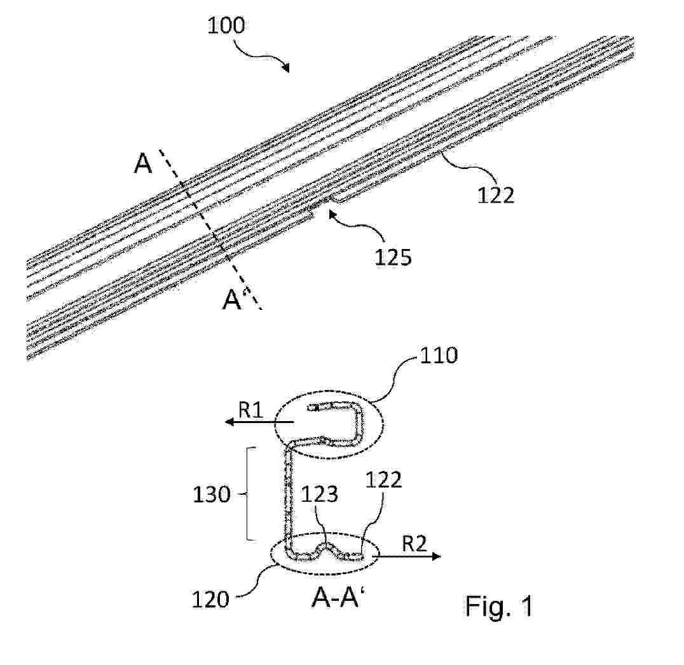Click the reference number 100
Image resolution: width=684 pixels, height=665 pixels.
(x=226, y=25)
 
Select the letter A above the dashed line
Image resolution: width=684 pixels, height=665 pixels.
(x=142, y=165)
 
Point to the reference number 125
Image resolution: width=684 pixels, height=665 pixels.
(x=393, y=257)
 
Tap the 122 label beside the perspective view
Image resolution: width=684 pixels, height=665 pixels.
(x=496, y=195)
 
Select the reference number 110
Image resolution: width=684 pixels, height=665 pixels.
(x=439, y=356)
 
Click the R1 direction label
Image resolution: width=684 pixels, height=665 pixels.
(x=250, y=410)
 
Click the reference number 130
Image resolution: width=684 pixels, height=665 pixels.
(x=212, y=495)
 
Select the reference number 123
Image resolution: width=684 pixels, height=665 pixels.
(x=320, y=494)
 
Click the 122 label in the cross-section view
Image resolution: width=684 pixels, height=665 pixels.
(x=383, y=480)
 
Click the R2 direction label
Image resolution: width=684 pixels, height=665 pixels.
(x=414, y=544)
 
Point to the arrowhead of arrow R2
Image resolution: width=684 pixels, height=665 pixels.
(x=436, y=556)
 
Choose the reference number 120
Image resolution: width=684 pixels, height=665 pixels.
(x=210, y=600)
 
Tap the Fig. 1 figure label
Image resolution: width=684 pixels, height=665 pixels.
(x=499, y=605)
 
